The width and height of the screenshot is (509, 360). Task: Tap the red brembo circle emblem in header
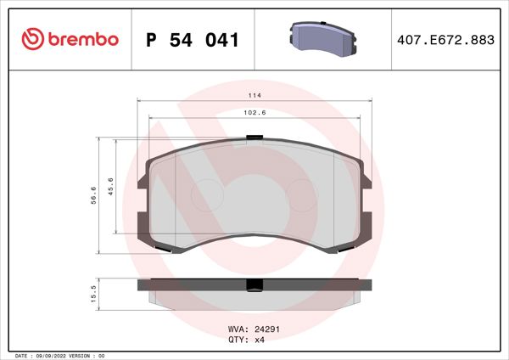pos(31,39)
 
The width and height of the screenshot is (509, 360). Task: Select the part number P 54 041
pos(193,39)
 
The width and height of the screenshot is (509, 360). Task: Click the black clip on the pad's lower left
pos(166,249)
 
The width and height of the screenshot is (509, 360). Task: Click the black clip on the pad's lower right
pos(344,249)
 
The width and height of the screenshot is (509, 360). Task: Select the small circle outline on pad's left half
pos(205,197)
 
